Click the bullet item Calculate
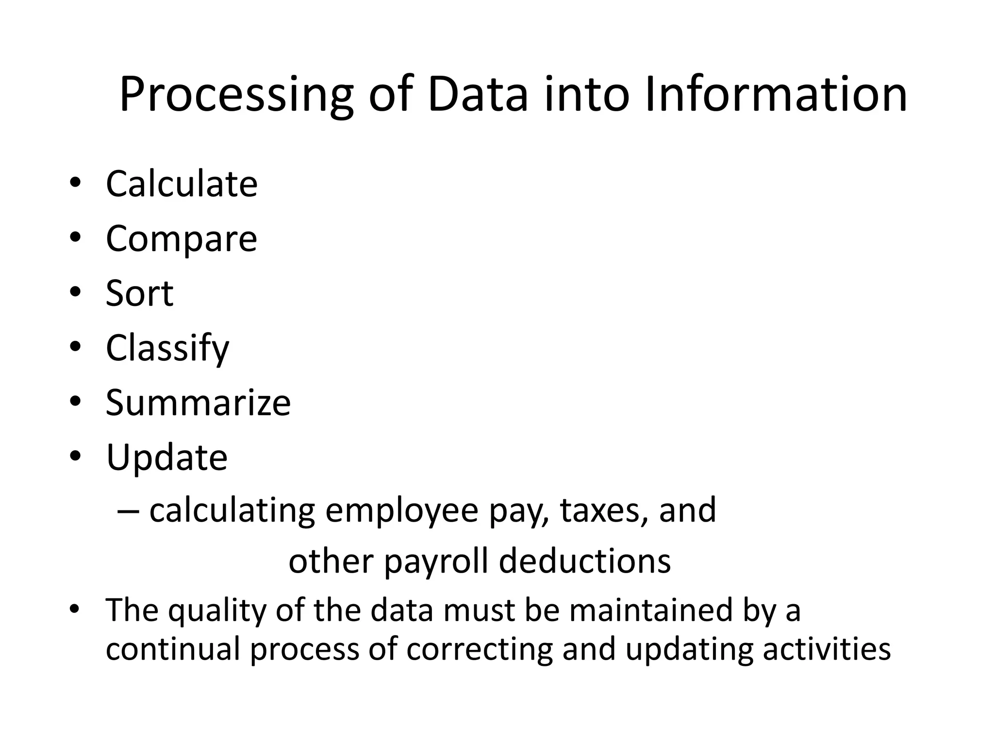click(182, 184)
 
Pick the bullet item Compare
click(182, 239)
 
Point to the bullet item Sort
click(139, 294)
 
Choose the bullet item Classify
click(167, 348)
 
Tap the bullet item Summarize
click(198, 403)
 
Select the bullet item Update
click(166, 458)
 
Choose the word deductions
click(585, 561)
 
